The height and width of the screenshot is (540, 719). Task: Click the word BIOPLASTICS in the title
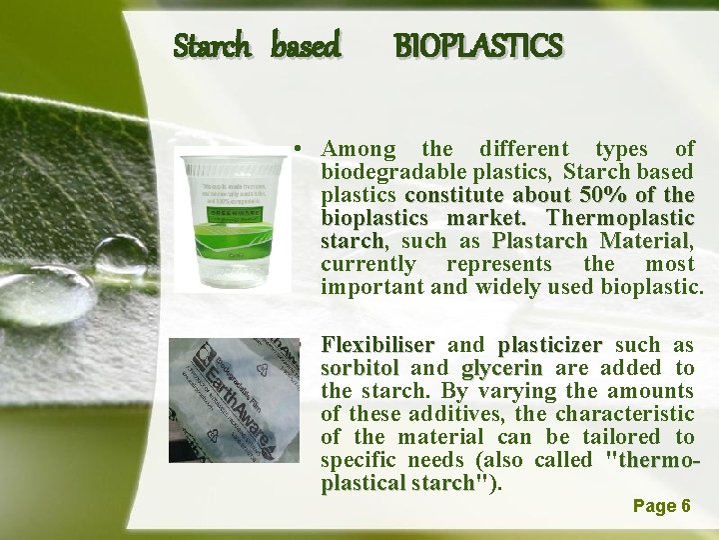click(x=478, y=45)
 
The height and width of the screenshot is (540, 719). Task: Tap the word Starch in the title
click(x=207, y=45)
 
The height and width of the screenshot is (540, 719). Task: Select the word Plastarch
click(x=542, y=240)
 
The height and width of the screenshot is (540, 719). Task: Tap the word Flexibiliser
click(x=377, y=345)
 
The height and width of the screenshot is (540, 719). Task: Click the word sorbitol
click(x=360, y=368)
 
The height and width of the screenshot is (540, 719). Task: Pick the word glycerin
click(x=501, y=368)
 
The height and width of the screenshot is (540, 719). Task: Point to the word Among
click(x=359, y=150)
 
